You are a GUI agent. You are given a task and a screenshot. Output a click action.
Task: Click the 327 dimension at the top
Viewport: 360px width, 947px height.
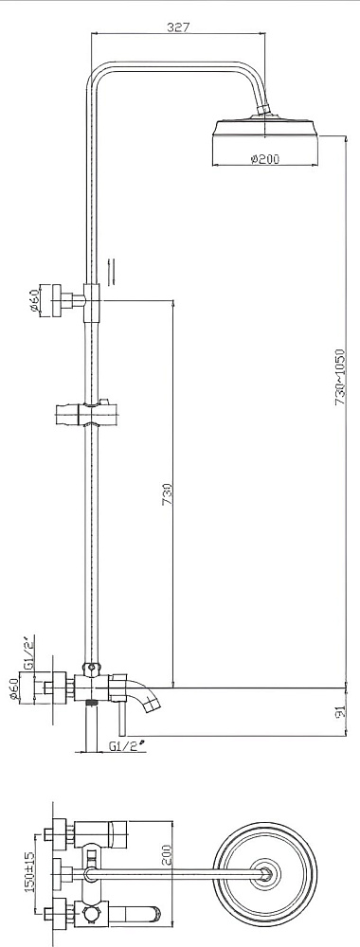click(178, 27)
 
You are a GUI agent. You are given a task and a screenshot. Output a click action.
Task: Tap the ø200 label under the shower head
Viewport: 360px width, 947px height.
click(264, 159)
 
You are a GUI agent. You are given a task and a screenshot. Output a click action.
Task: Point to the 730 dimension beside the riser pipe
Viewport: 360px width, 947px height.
click(167, 496)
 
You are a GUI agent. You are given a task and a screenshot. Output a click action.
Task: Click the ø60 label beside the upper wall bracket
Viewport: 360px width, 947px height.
click(34, 299)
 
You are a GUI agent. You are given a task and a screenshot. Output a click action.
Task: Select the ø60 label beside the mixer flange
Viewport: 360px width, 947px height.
click(16, 688)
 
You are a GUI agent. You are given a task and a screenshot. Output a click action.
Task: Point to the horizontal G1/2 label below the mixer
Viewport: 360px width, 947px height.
click(127, 746)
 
